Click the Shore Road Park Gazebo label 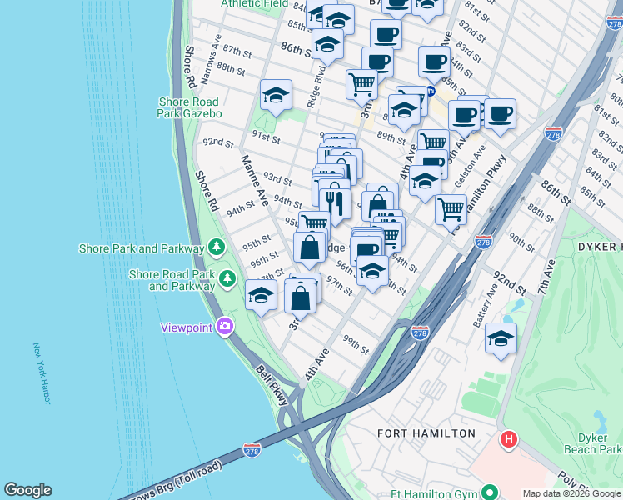[190, 107]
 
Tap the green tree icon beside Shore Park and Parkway [217, 247]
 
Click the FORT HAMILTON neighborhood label [426, 433]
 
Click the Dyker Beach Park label [598, 443]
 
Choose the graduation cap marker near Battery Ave [501, 338]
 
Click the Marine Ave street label [254, 181]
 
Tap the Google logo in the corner [27, 490]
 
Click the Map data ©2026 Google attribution [571, 493]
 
